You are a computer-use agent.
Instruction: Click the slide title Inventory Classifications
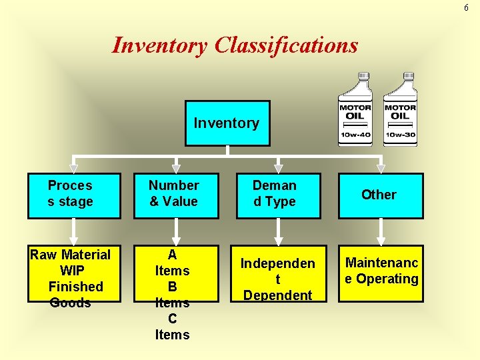point(235,45)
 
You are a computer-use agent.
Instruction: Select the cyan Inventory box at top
point(227,123)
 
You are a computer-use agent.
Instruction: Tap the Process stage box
point(74,195)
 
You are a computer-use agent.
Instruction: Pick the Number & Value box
point(176,195)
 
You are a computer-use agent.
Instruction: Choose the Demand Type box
point(278,195)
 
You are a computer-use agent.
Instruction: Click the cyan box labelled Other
point(380,195)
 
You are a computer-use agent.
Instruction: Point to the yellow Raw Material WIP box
point(74,273)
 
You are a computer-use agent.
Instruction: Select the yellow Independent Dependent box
point(278,273)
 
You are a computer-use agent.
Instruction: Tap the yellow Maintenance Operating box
point(380,273)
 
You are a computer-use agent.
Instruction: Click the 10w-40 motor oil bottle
point(355,110)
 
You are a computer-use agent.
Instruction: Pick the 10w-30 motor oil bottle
point(400,110)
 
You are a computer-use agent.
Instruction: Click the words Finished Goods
point(75,295)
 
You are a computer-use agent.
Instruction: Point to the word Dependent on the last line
point(277,295)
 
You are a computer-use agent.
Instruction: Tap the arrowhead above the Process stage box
point(74,168)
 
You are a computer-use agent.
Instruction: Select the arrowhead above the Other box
point(381,168)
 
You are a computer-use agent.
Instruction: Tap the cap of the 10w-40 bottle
point(363,77)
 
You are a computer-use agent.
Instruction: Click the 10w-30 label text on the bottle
point(400,135)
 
